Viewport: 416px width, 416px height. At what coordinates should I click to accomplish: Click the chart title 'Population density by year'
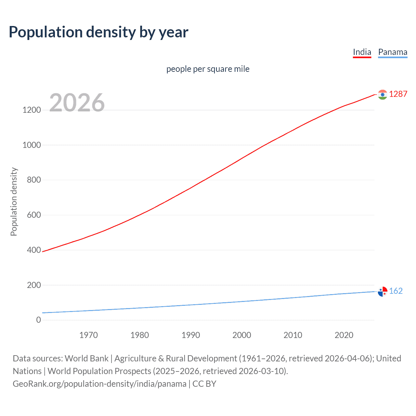(x=98, y=32)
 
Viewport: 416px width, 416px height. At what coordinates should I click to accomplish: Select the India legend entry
(x=362, y=52)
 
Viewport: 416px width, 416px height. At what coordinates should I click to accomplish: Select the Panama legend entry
(x=393, y=52)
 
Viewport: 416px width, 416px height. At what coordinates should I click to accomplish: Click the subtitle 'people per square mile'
(x=208, y=69)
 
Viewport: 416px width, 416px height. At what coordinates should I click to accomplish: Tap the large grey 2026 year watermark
(x=77, y=103)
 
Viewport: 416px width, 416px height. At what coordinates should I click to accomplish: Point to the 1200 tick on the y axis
(x=32, y=110)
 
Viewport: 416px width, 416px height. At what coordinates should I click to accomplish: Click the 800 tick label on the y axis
(x=34, y=180)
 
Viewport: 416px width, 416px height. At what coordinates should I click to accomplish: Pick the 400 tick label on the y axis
(x=34, y=250)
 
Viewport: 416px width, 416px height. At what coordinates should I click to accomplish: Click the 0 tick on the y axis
(x=39, y=320)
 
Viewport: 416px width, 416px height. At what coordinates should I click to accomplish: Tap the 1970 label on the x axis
(x=88, y=335)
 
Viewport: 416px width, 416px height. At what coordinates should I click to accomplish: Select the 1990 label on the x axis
(x=191, y=335)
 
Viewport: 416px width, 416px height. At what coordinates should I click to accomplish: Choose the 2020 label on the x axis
(x=344, y=335)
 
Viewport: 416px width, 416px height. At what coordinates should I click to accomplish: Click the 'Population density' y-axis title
(x=14, y=201)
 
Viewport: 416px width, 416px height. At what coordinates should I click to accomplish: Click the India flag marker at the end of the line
(x=383, y=95)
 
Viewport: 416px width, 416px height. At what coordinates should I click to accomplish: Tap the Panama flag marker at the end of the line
(x=383, y=292)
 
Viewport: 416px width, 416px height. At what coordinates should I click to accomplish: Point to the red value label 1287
(x=398, y=94)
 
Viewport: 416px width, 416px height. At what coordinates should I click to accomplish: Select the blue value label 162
(x=396, y=291)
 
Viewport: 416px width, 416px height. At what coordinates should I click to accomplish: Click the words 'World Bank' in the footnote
(x=86, y=358)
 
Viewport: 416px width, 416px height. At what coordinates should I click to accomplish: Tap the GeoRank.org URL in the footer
(x=99, y=384)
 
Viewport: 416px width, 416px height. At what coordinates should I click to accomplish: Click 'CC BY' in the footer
(x=204, y=384)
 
